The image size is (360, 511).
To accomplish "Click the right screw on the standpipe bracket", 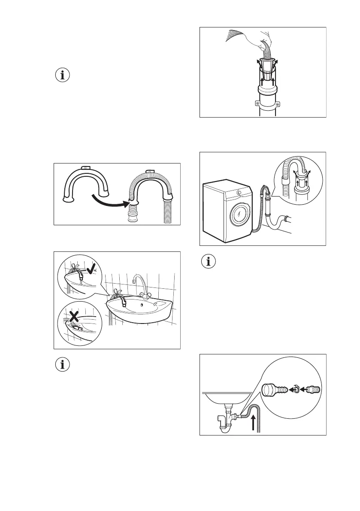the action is (277, 103).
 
